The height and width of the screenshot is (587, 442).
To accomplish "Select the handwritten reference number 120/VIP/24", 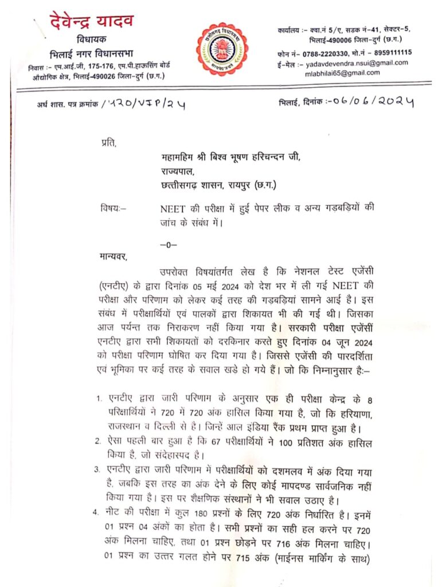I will (143, 104).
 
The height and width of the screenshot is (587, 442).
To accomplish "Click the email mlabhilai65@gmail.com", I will (342, 73).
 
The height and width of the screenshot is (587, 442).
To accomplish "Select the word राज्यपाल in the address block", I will (179, 171).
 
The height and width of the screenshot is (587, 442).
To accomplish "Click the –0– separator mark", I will (169, 244).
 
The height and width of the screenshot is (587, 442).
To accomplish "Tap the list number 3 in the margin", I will (98, 469).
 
